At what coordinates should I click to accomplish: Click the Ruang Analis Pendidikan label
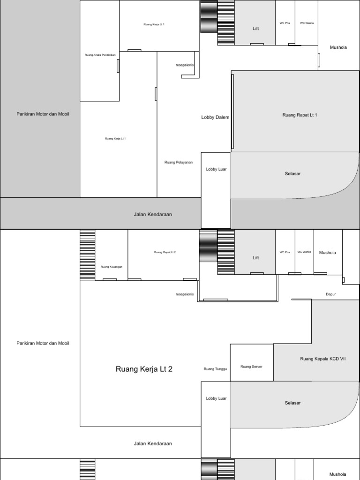coord(100,55)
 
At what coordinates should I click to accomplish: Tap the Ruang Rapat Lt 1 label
coord(300,115)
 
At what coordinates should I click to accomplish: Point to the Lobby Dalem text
coord(215,117)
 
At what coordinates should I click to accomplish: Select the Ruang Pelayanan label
coord(179,162)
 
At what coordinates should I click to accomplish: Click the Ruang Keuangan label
coord(112,267)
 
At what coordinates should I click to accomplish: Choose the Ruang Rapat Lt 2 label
coord(165,252)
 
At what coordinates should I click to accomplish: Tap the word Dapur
coord(331,294)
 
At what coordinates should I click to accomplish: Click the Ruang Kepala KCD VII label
coord(322,359)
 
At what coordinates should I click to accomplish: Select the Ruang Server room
coord(251,366)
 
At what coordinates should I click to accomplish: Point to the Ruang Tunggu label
coord(215,369)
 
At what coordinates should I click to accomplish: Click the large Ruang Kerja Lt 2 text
coord(144,369)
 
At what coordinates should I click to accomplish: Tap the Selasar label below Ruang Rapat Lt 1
coord(292,174)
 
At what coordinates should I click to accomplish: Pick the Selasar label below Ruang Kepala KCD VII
coord(292,403)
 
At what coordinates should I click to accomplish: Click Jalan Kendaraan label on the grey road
coord(153,214)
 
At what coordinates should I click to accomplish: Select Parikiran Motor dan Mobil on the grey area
coord(43,114)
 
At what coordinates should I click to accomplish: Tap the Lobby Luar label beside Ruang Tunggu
coord(216,398)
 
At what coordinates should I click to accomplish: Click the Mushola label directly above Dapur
coord(328,253)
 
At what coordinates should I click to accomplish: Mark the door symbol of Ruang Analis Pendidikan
coord(118,66)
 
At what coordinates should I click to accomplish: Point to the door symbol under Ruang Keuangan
coord(110,279)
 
